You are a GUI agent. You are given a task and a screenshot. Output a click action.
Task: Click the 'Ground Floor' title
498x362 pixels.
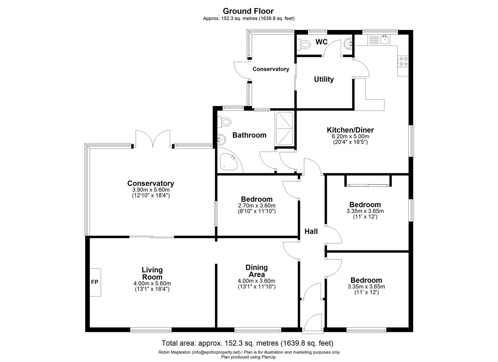click(248, 11)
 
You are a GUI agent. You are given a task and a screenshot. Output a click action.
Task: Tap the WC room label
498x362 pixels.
click(321, 42)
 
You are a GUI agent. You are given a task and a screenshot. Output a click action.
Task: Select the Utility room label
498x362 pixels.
click(324, 79)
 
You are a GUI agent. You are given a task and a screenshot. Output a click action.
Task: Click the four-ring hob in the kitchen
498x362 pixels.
click(403, 61)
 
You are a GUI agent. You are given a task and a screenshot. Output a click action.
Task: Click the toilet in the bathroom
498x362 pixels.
click(224, 122)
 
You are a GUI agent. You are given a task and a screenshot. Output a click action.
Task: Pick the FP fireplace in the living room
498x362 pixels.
click(95, 282)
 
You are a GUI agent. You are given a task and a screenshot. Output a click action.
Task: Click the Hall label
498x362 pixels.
click(311, 231)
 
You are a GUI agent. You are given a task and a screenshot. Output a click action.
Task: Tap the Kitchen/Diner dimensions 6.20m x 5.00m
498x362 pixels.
click(350, 136)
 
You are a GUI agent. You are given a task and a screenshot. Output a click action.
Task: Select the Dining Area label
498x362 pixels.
click(257, 271)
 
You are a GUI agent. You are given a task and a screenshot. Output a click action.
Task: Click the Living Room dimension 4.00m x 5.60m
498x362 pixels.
click(152, 284)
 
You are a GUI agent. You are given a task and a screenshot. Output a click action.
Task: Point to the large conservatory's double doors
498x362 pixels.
click(153, 139)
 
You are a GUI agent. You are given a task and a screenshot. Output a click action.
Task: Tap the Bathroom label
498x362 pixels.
click(249, 135)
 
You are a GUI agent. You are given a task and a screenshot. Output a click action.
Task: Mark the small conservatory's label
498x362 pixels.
click(271, 69)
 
